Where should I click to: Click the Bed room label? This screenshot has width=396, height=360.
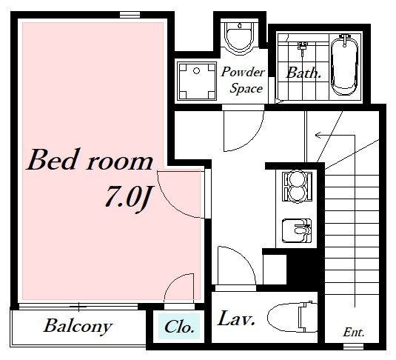click(90, 160)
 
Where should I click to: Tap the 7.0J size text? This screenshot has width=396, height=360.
click(128, 196)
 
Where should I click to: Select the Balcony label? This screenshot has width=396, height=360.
click(78, 326)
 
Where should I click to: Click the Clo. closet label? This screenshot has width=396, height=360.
click(179, 327)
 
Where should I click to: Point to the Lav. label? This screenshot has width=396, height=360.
click(236, 319)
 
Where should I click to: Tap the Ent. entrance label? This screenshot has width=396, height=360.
click(354, 333)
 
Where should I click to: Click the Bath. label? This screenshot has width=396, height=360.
click(303, 73)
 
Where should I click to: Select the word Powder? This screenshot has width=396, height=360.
click(243, 72)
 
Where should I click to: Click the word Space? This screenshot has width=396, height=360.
click(246, 88)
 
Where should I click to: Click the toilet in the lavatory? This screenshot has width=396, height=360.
click(292, 318)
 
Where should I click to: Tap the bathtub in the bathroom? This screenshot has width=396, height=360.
click(344, 65)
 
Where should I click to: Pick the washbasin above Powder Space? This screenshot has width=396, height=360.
click(239, 37)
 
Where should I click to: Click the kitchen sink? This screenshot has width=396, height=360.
click(297, 230)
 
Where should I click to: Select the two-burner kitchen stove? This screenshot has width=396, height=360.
click(297, 187)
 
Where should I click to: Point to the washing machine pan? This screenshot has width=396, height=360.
click(197, 81)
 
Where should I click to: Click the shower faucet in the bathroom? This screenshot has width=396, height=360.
click(302, 47)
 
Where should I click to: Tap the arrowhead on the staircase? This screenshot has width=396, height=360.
click(318, 136)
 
